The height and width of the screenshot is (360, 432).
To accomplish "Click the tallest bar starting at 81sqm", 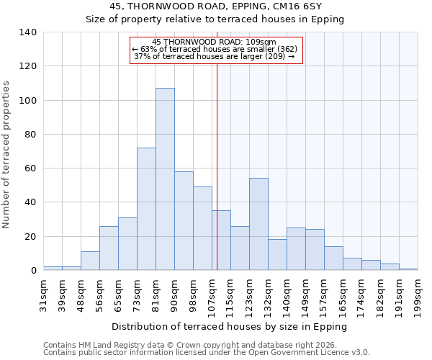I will pos(165,179).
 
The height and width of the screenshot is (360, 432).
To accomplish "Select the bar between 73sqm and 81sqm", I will pos(146,209).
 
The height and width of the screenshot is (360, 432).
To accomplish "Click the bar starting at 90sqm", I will pos(184,221).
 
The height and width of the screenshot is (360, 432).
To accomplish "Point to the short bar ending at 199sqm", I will pos(408,269).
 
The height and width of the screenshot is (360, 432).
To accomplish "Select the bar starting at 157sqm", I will pos(333,258).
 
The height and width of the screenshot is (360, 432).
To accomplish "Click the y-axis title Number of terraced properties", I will pos(6,155).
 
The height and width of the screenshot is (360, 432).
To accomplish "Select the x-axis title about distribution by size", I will pos(230,326).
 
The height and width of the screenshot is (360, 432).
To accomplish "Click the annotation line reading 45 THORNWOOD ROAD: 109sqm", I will pos(214,42).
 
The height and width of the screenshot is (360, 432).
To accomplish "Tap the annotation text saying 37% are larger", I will pos(214,56).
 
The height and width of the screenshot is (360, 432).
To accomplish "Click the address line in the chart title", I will pos(215,6).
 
